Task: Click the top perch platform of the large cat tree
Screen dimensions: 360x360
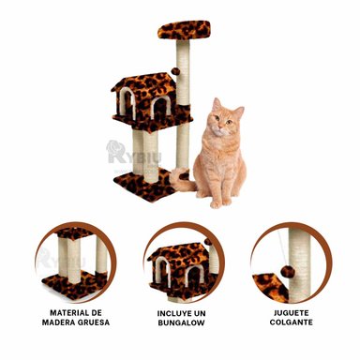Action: click(x=184, y=29)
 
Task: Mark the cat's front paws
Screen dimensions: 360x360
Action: click(x=222, y=200)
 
